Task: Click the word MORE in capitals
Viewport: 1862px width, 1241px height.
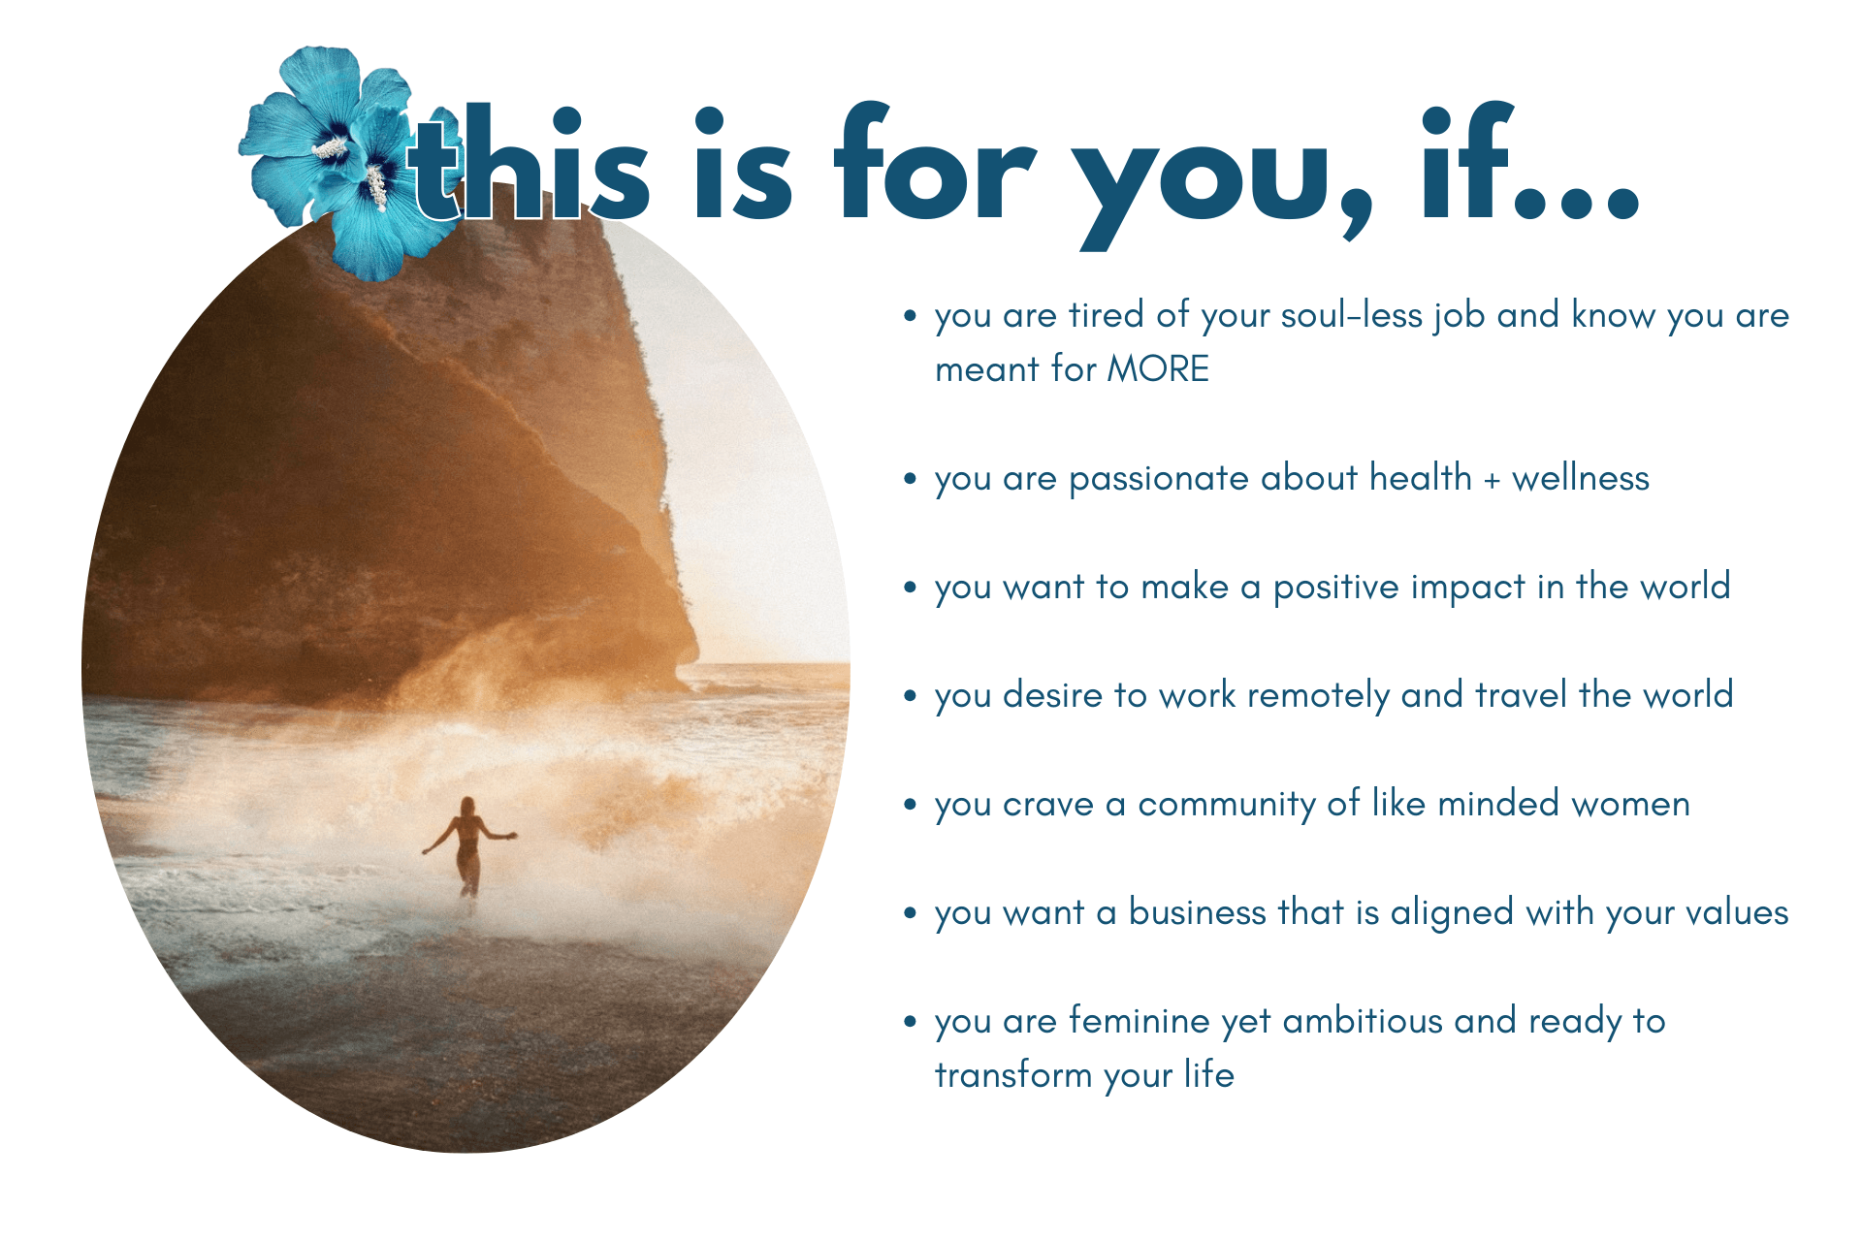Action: pyautogui.click(x=1158, y=369)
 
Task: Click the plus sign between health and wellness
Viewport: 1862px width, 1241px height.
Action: pyautogui.click(x=1492, y=480)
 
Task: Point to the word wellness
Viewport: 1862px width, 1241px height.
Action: pyautogui.click(x=1581, y=478)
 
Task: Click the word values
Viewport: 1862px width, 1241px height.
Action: pyautogui.click(x=1737, y=912)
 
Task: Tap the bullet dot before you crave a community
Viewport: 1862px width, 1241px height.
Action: pyautogui.click(x=910, y=805)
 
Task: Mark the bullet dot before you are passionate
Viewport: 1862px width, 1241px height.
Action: pyautogui.click(x=910, y=479)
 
